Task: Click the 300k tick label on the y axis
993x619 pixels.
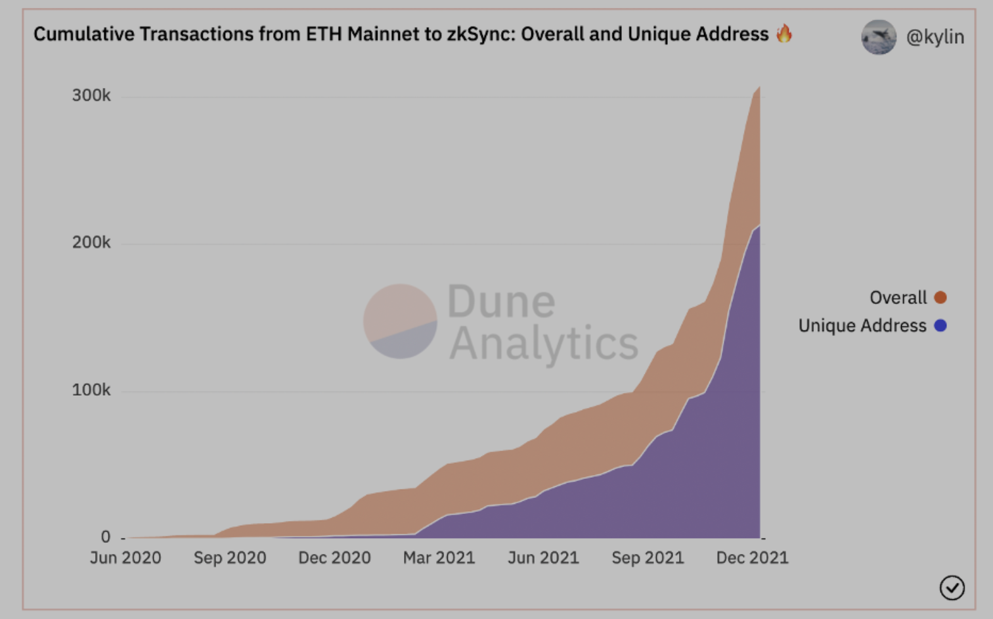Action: pyautogui.click(x=91, y=96)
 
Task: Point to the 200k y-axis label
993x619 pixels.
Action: pyautogui.click(x=91, y=243)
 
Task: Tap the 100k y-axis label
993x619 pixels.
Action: pyautogui.click(x=91, y=390)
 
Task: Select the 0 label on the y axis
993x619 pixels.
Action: pyautogui.click(x=106, y=538)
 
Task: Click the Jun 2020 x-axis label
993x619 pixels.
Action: pyautogui.click(x=125, y=558)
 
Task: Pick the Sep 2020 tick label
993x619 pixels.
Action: pyautogui.click(x=230, y=558)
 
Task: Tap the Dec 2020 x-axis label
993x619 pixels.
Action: pyautogui.click(x=334, y=558)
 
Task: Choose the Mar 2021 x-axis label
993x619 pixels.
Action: pyautogui.click(x=439, y=558)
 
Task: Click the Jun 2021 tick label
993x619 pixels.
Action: pyautogui.click(x=543, y=558)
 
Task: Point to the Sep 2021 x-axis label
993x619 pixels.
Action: pyautogui.click(x=648, y=558)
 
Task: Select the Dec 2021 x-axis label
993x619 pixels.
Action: pyautogui.click(x=752, y=558)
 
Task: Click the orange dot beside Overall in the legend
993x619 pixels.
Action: pyautogui.click(x=940, y=298)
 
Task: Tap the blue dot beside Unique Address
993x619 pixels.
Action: pyautogui.click(x=940, y=326)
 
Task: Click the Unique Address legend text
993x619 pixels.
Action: pyautogui.click(x=862, y=326)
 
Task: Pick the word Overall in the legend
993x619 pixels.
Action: pyautogui.click(x=898, y=298)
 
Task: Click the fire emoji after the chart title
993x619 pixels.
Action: pyautogui.click(x=784, y=34)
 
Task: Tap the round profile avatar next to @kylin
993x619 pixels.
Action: pyautogui.click(x=879, y=37)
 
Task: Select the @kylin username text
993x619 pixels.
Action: pyautogui.click(x=935, y=37)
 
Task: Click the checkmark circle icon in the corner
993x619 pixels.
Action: pyautogui.click(x=952, y=587)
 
